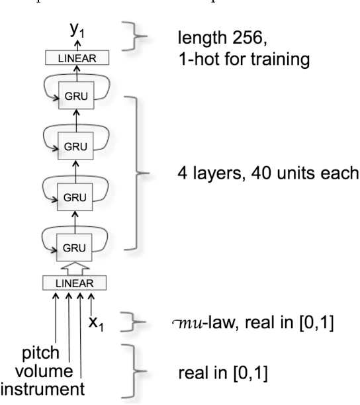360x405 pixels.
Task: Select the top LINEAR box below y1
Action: pyautogui.click(x=75, y=58)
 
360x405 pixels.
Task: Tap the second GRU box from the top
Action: pyautogui.click(x=75, y=145)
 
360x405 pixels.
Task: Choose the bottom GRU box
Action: pyautogui.click(x=75, y=247)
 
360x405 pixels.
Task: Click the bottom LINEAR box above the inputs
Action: pyautogui.click(x=75, y=283)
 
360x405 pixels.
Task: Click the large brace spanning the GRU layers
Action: pyautogui.click(x=146, y=173)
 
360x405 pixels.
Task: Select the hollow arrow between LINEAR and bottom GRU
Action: pyautogui.click(x=75, y=267)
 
